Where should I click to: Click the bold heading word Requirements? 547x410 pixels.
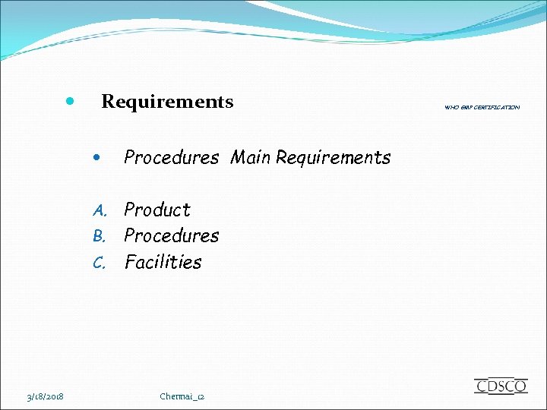pyautogui.click(x=167, y=102)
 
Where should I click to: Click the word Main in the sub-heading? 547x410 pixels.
pyautogui.click(x=251, y=158)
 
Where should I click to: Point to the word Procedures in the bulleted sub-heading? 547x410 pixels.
pyautogui.click(x=171, y=158)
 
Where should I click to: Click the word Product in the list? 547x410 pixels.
pyautogui.click(x=157, y=210)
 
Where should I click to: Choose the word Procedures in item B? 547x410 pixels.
pyautogui.click(x=171, y=236)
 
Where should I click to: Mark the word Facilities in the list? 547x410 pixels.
pyautogui.click(x=163, y=263)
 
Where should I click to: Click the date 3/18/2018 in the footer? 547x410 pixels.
pyautogui.click(x=45, y=396)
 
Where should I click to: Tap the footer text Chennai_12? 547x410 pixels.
pyautogui.click(x=182, y=396)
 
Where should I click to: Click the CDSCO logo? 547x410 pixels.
pyautogui.click(x=501, y=386)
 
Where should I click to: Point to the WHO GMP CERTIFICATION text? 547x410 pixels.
pyautogui.click(x=482, y=108)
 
